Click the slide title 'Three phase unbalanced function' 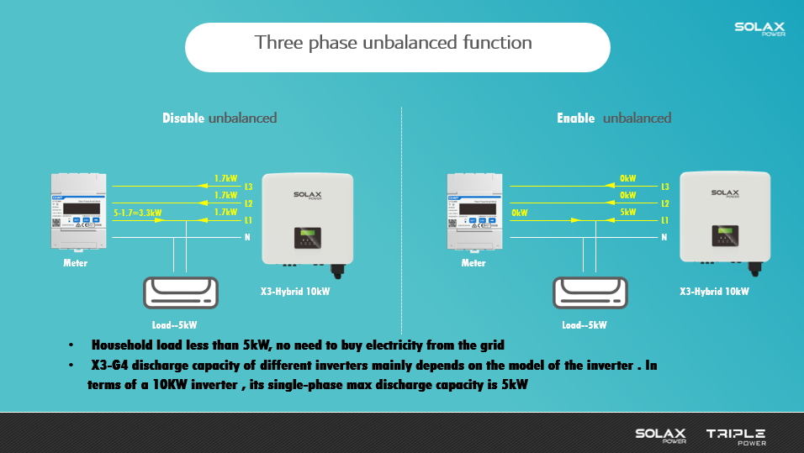click(x=394, y=43)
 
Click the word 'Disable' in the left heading click(x=183, y=119)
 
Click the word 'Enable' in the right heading click(x=576, y=119)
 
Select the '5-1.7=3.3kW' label click(x=137, y=214)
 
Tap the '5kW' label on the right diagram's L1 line click(x=628, y=213)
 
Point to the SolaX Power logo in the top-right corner click(x=760, y=29)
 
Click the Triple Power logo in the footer click(x=736, y=435)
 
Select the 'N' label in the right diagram click(x=664, y=238)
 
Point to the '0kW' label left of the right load click(x=519, y=213)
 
